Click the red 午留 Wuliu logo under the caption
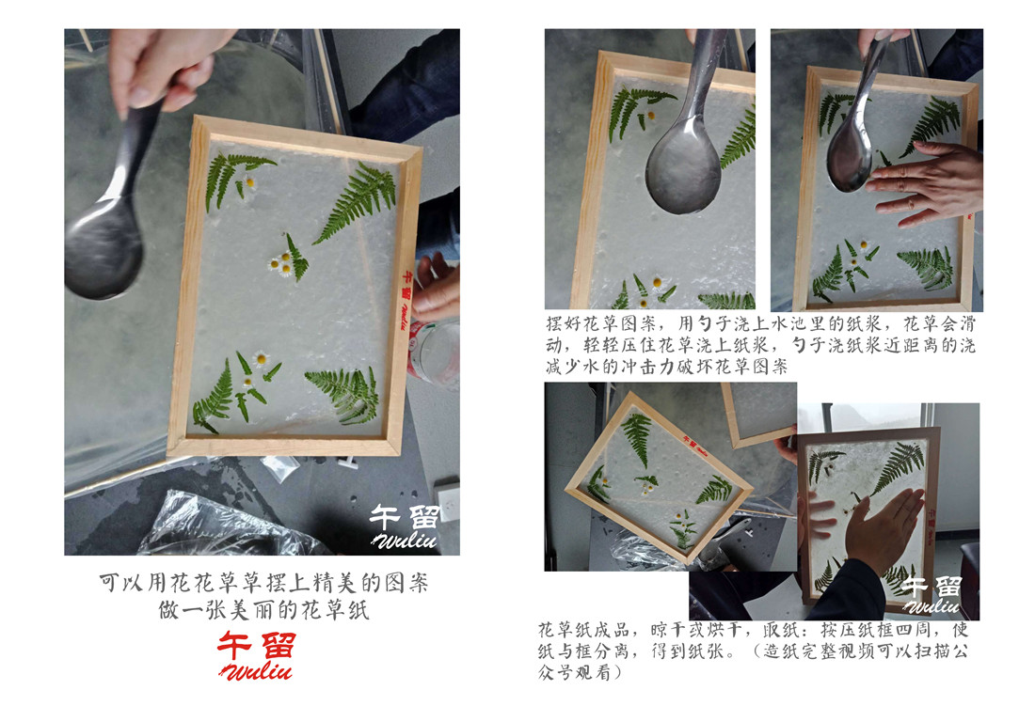256,655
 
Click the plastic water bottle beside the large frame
435,353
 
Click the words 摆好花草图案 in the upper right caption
601,323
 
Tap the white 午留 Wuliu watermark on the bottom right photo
932,594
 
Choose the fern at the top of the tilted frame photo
637,436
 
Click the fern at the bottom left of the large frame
214,400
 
